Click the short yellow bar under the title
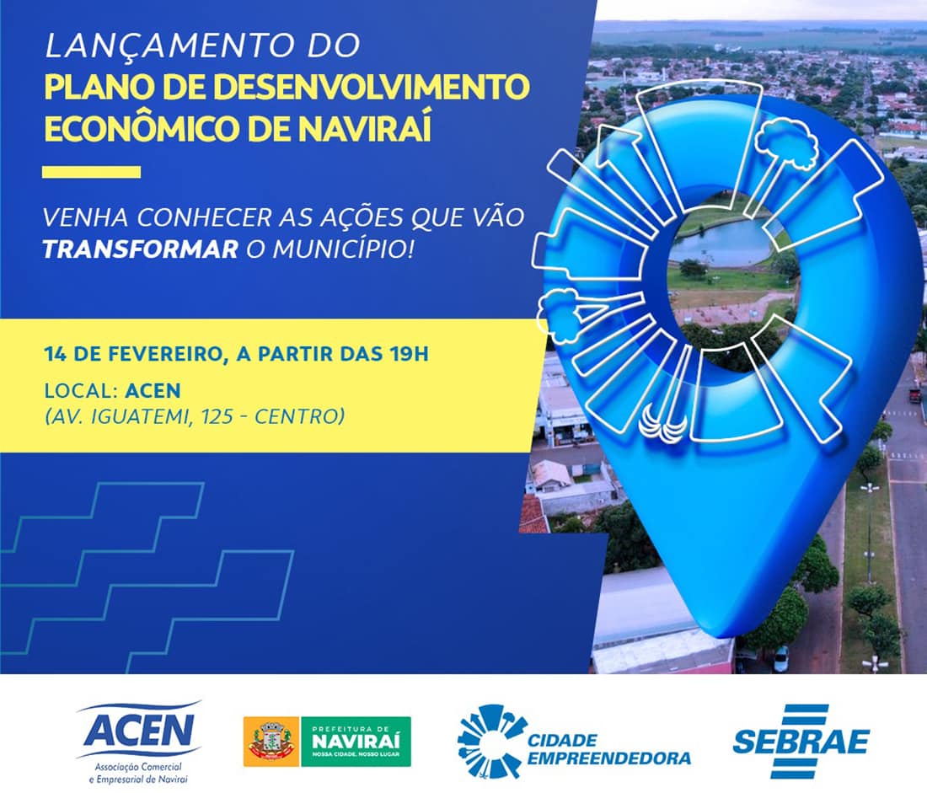[91, 172]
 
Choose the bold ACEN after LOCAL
[153, 391]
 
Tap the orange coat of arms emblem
[271, 742]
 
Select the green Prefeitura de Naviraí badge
[356, 742]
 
